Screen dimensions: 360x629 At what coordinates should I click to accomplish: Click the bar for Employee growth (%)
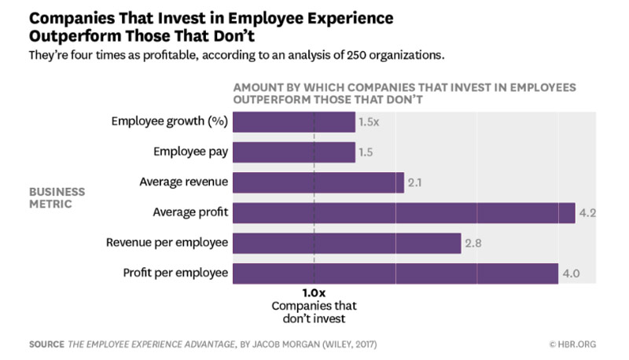[294, 122]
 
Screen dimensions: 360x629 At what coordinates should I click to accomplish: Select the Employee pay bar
[294, 152]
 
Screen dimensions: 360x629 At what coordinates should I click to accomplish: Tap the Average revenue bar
[318, 182]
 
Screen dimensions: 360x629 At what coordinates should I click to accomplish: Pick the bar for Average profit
[404, 212]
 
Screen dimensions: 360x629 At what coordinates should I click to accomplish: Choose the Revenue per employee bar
[347, 243]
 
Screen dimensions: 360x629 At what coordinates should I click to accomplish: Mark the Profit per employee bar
[395, 273]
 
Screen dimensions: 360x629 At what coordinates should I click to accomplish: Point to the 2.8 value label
[473, 243]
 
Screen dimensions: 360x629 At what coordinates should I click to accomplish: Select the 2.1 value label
[416, 182]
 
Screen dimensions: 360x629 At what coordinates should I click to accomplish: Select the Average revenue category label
[184, 182]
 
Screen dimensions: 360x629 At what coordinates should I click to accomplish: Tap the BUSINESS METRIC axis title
[57, 197]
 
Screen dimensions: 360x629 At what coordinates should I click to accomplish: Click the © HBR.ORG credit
[576, 344]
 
